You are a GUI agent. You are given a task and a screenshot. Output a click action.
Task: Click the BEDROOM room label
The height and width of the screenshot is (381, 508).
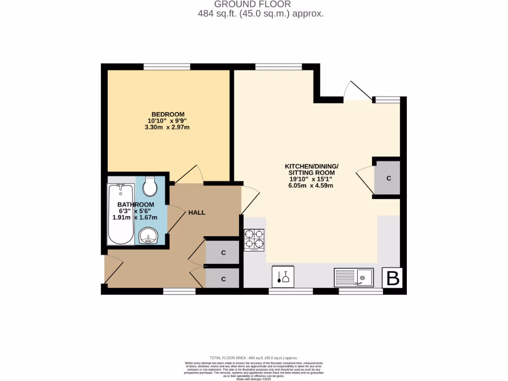tap(168, 114)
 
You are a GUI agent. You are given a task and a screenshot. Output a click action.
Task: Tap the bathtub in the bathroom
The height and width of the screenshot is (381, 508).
tap(121, 214)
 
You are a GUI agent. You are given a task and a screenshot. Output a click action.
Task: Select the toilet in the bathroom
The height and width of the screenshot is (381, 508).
tap(149, 187)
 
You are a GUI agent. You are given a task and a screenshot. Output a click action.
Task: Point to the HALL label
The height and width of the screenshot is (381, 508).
tap(196, 212)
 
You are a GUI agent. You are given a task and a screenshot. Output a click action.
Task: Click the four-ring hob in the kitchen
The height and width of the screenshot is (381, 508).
tap(254, 240)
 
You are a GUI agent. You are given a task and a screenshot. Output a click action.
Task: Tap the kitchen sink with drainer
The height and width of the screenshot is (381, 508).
tap(354, 278)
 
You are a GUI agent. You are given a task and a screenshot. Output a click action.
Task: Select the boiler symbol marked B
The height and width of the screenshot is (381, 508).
tap(392, 278)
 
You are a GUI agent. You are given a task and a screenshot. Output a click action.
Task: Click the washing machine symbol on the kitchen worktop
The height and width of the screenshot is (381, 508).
tap(283, 277)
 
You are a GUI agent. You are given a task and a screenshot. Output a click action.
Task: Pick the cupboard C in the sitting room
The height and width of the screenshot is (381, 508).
tap(388, 178)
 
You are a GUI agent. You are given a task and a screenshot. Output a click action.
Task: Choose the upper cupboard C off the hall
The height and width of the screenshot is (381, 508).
tap(223, 253)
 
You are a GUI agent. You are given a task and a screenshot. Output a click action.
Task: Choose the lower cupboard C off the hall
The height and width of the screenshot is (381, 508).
tap(223, 279)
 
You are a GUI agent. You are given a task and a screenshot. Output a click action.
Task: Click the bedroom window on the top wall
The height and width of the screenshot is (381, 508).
tap(167, 67)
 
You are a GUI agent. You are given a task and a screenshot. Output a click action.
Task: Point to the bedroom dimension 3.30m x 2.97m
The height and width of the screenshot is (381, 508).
tap(167, 127)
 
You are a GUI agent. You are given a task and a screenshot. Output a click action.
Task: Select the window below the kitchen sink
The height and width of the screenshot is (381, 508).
tap(361, 291)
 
